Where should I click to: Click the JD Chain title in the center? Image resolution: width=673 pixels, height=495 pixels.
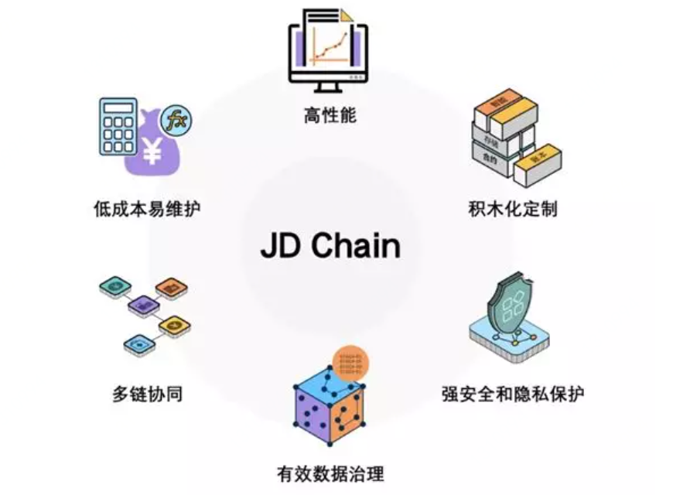click(x=330, y=246)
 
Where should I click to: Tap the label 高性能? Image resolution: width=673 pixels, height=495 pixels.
click(x=330, y=117)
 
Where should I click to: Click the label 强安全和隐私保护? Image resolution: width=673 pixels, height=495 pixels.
click(x=513, y=394)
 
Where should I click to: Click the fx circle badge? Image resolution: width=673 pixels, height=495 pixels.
click(x=177, y=121)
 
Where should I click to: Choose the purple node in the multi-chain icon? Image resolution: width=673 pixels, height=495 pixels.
click(x=142, y=306)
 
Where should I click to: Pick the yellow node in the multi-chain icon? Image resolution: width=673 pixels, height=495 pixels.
click(x=175, y=325)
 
